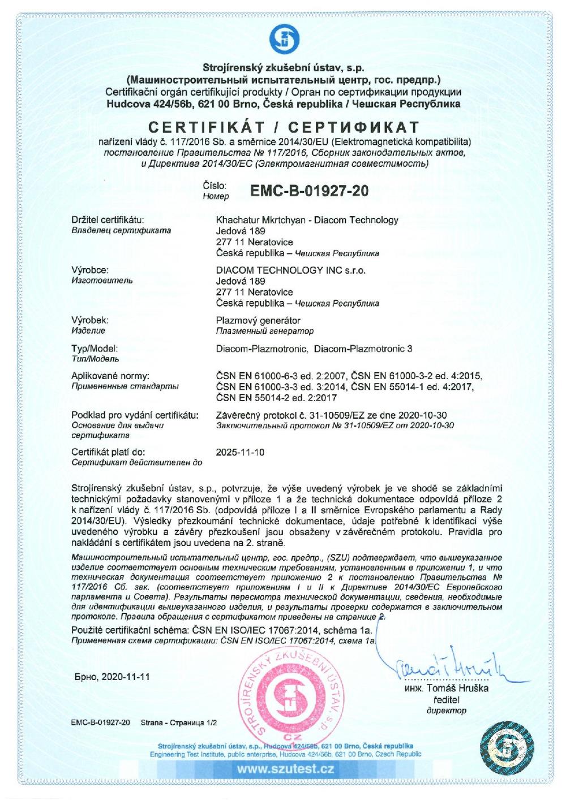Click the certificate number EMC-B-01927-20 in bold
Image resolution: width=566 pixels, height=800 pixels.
tap(309, 191)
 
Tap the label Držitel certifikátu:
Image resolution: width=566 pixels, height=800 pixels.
tap(108, 220)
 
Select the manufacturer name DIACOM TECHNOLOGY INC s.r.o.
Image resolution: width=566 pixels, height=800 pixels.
tap(291, 270)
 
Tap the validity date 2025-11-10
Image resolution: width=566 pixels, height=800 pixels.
tap(240, 452)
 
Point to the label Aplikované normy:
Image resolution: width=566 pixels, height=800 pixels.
tap(110, 376)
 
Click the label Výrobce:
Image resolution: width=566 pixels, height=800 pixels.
tap(90, 270)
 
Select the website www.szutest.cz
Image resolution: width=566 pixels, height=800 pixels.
tap(285, 769)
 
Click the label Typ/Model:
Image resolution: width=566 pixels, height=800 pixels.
tap(95, 349)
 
